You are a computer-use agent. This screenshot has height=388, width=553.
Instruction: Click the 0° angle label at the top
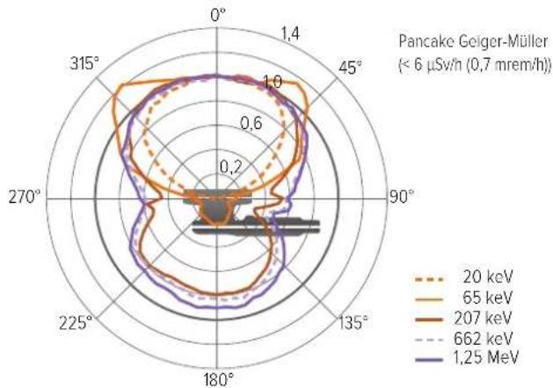[x=218, y=16]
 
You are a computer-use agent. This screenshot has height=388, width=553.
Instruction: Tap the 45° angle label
[x=350, y=68]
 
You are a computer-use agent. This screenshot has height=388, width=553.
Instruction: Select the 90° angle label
[x=402, y=197]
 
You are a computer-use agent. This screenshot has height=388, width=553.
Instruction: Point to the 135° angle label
[x=353, y=322]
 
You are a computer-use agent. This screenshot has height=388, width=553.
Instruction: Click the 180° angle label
[x=219, y=379]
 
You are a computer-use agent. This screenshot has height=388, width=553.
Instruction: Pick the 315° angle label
[x=84, y=63]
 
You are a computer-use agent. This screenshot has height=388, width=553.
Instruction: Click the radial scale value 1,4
[x=290, y=34]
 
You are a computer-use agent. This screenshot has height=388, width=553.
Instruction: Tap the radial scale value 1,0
[x=273, y=82]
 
